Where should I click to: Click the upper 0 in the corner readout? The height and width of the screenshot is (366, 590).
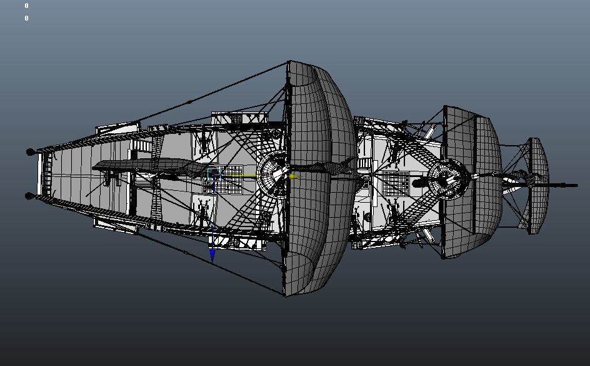(x=26, y=6)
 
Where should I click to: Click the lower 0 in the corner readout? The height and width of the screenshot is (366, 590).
(x=26, y=18)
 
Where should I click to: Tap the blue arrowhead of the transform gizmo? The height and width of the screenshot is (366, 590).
(x=212, y=256)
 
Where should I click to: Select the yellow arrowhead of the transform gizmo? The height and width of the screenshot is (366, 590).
(x=294, y=176)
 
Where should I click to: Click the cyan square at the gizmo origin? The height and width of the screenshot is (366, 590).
(x=214, y=175)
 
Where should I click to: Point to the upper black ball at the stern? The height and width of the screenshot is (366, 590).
(x=30, y=152)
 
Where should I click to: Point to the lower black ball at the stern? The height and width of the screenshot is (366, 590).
(x=30, y=196)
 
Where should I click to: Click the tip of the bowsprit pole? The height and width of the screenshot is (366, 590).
(x=576, y=185)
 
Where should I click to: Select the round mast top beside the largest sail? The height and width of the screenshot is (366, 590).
(x=273, y=175)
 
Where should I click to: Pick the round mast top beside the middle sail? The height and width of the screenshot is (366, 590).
(x=447, y=179)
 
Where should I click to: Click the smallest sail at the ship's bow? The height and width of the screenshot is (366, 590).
(x=538, y=186)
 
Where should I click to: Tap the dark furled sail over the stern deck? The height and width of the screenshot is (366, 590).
(x=151, y=166)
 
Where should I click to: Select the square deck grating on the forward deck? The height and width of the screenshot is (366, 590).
(x=396, y=183)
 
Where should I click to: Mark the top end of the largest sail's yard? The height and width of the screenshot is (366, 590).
(x=288, y=62)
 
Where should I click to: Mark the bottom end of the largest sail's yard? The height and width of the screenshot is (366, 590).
(x=285, y=295)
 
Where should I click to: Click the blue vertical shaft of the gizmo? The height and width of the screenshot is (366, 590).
(x=213, y=215)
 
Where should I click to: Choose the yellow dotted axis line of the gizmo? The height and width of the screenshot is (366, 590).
(x=254, y=176)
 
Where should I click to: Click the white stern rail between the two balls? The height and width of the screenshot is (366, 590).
(x=39, y=174)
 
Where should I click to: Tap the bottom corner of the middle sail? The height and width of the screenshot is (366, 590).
(x=444, y=258)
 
